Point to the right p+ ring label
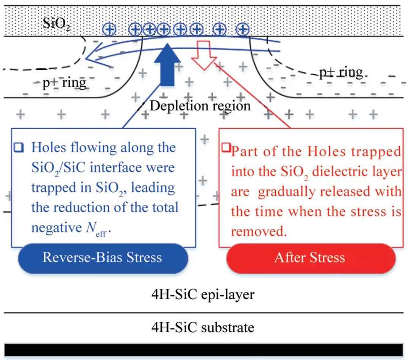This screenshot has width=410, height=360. pyautogui.click(x=340, y=72)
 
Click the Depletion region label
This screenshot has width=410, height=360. pyautogui.click(x=200, y=106)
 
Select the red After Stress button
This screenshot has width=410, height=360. pyautogui.click(x=310, y=258)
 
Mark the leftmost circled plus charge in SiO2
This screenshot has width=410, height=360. pyautogui.click(x=109, y=30)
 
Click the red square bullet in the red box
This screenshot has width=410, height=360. pyautogui.click(x=226, y=147)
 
